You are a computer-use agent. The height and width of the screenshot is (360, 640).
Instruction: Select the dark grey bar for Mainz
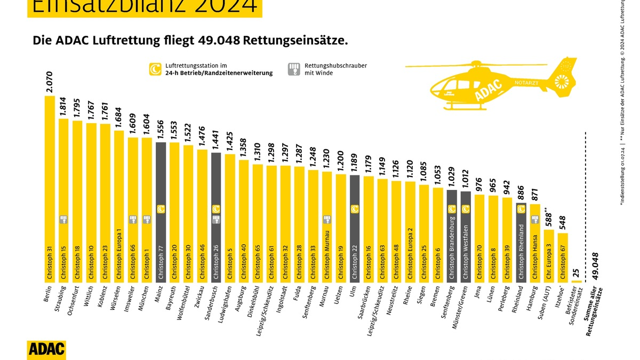161,213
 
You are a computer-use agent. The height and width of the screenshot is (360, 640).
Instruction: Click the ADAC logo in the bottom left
46,349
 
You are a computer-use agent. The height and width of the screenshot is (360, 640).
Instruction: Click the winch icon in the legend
293,69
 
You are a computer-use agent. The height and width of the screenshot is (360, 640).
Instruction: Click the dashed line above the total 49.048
587,187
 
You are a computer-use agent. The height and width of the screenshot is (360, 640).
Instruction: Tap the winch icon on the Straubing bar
63,219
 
